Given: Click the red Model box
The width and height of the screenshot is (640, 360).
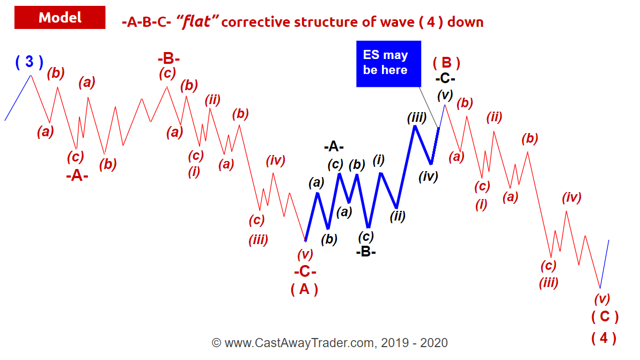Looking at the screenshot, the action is pyautogui.click(x=60, y=18).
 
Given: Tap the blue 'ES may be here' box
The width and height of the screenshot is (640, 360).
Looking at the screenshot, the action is pyautogui.click(x=388, y=64).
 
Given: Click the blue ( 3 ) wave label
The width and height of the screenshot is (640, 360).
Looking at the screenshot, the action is pyautogui.click(x=30, y=62).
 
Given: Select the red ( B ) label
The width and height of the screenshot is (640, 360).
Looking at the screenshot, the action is pyautogui.click(x=446, y=63).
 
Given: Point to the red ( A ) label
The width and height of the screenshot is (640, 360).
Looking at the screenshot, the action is pyautogui.click(x=304, y=289).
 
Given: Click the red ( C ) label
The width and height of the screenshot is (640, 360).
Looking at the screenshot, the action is pyautogui.click(x=605, y=317).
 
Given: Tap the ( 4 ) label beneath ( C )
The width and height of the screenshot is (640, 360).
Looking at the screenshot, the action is pyautogui.click(x=604, y=337).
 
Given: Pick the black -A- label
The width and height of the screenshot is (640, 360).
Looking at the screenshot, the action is pyautogui.click(x=334, y=146).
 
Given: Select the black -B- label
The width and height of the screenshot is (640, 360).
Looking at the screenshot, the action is pyautogui.click(x=366, y=252).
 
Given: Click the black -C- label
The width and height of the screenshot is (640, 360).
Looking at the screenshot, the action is pyautogui.click(x=445, y=78).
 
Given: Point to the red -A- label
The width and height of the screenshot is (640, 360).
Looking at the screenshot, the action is pyautogui.click(x=77, y=175).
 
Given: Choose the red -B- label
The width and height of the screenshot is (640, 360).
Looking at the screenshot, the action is pyautogui.click(x=168, y=58).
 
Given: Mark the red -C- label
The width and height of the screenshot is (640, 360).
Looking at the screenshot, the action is pyautogui.click(x=305, y=271).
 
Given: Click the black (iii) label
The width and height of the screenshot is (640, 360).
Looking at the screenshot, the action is pyautogui.click(x=417, y=117).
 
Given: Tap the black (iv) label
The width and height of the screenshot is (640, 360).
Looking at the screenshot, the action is pyautogui.click(x=428, y=177).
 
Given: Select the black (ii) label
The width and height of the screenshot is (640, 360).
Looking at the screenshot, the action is pyautogui.click(x=398, y=216).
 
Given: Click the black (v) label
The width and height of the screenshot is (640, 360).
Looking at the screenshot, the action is pyautogui.click(x=445, y=95).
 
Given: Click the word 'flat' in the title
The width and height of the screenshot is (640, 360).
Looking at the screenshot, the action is pyautogui.click(x=197, y=21).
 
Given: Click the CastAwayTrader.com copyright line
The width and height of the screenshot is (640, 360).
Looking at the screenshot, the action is pyautogui.click(x=330, y=343).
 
